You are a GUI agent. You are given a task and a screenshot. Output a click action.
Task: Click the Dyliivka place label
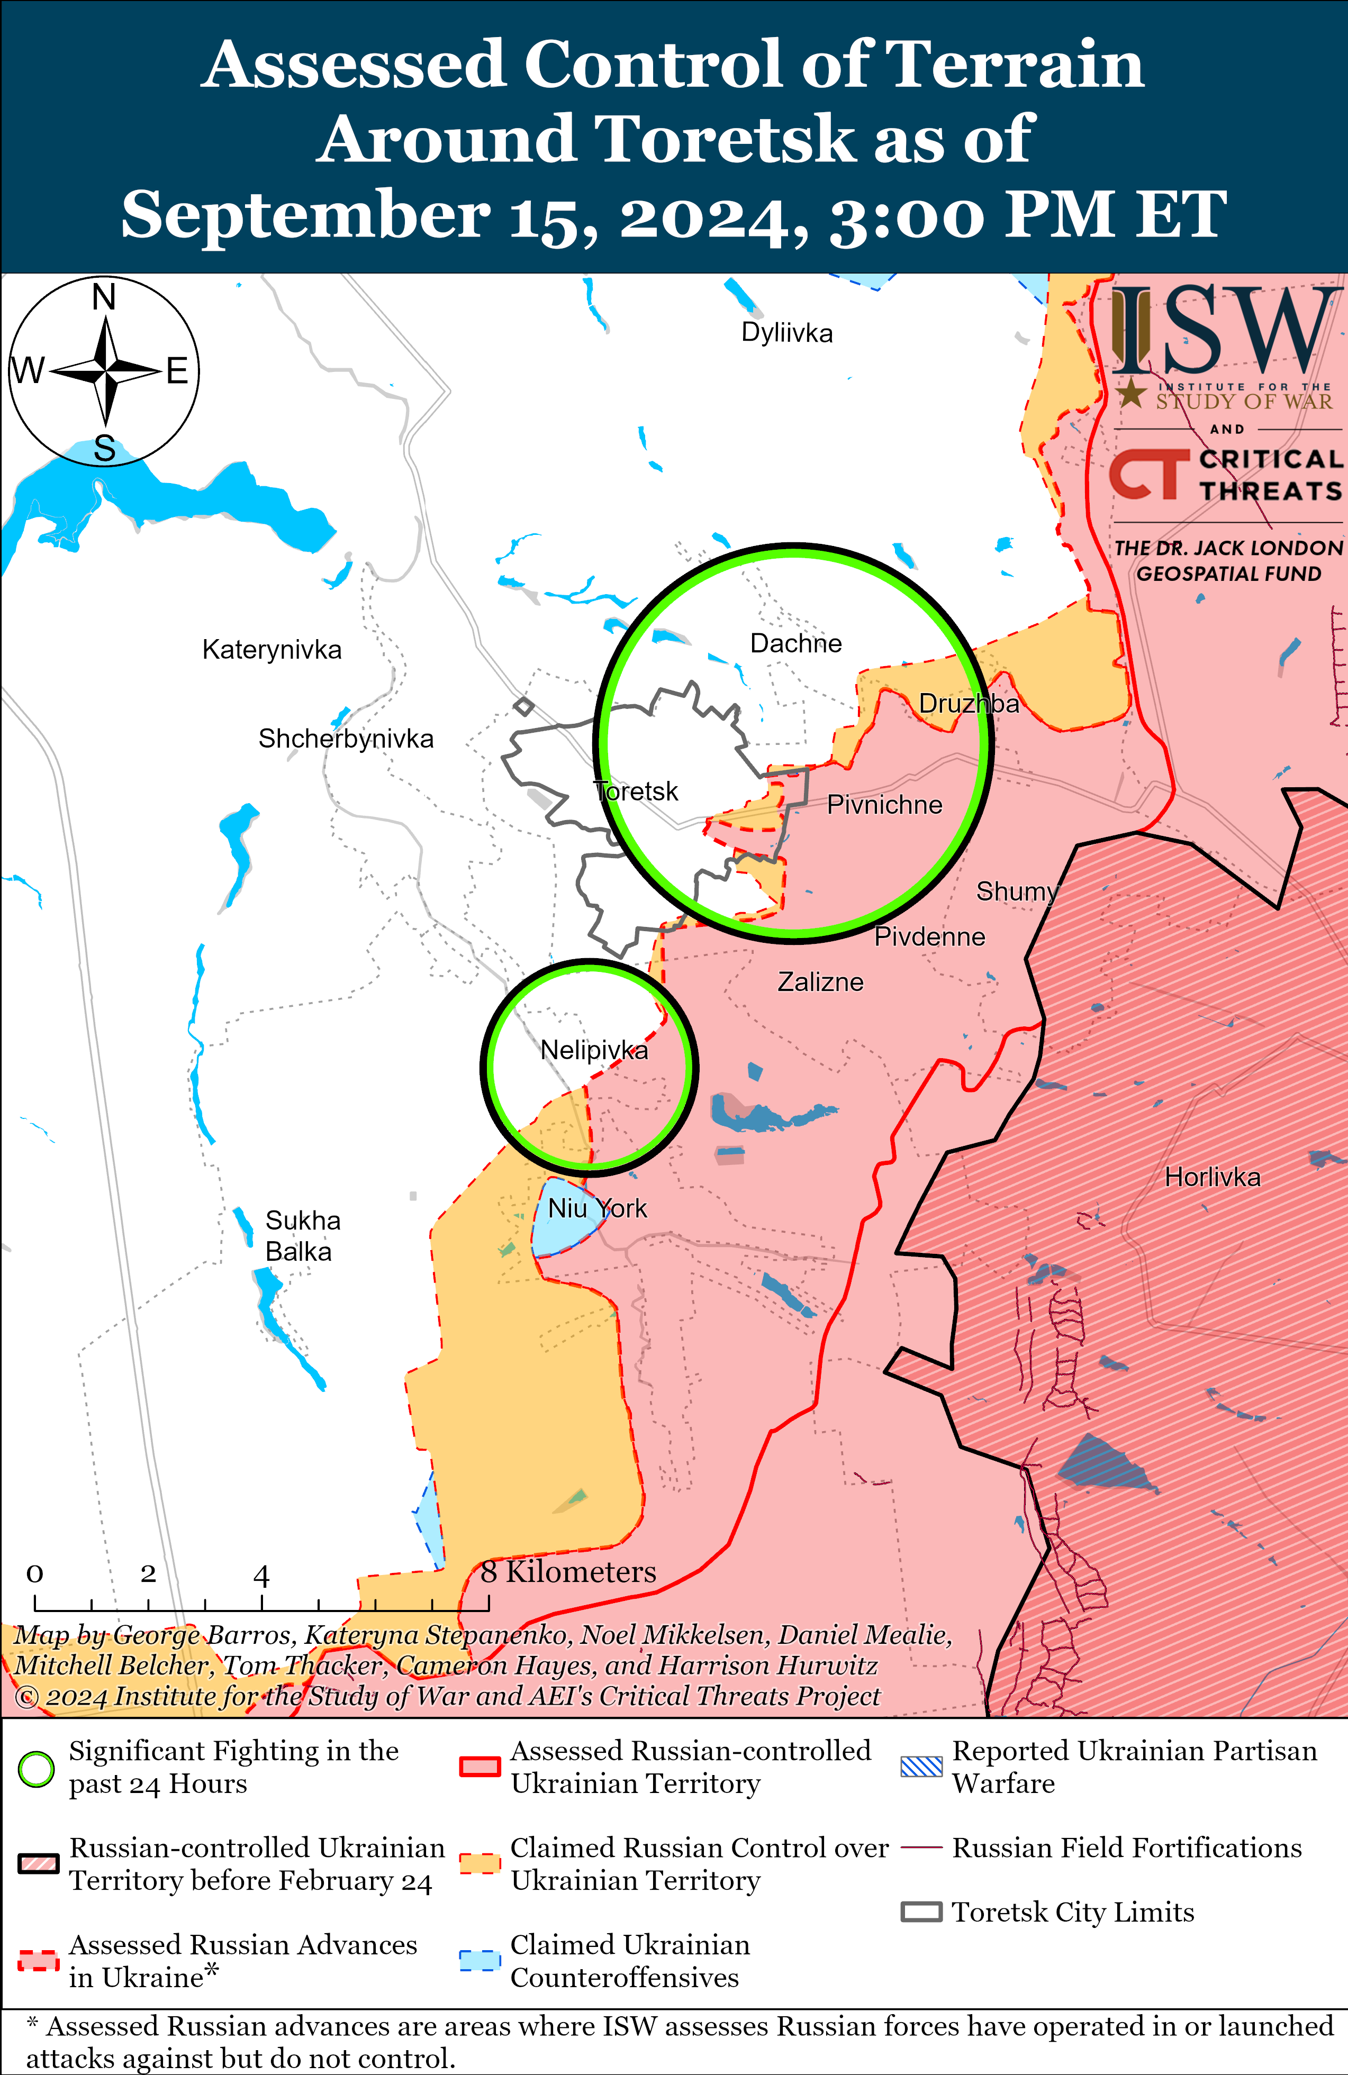(x=786, y=333)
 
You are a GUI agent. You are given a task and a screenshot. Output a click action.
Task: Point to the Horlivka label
(x=1212, y=1177)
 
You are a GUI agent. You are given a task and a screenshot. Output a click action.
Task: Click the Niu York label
(x=598, y=1208)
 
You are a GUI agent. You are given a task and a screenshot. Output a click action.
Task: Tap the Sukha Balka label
(x=301, y=1235)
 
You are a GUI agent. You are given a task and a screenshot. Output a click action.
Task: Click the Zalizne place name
(x=820, y=982)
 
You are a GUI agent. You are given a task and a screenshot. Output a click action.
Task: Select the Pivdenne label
(x=929, y=936)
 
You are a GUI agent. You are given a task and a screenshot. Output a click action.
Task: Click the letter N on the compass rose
(x=104, y=297)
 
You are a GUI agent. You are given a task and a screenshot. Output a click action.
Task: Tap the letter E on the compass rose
(x=177, y=371)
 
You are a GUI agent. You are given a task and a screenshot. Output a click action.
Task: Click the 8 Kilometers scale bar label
(x=568, y=1571)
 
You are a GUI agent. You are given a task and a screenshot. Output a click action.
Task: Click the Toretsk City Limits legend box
(x=921, y=1912)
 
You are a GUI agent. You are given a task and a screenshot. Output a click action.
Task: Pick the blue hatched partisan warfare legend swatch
(x=921, y=1767)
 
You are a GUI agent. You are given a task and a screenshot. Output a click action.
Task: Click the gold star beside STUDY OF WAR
(x=1131, y=394)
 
